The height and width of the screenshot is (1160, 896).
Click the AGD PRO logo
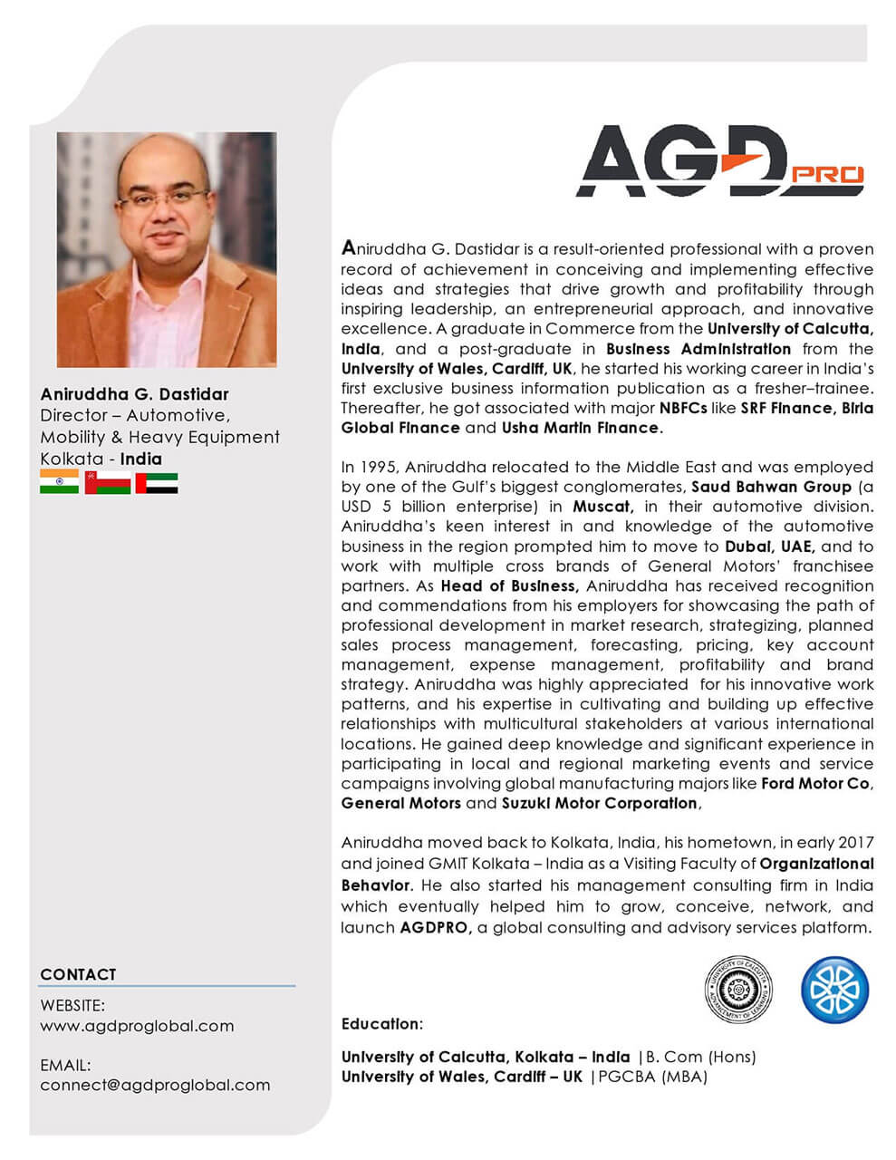pos(719,161)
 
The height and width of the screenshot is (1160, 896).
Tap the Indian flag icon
pos(59,482)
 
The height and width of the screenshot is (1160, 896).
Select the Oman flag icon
pos(107,482)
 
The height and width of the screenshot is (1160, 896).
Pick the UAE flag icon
pos(156,482)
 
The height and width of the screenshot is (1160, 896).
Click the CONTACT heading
pos(78,974)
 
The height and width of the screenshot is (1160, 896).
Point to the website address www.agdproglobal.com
pos(137,1026)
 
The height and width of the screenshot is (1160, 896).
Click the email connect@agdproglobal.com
pos(155,1085)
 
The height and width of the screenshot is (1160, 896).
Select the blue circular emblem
pos(834,988)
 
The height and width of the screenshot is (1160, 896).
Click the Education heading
pos(381,1024)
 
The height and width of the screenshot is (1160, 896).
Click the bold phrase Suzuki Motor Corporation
pos(601,803)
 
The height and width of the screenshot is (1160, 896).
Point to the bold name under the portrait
pos(134,394)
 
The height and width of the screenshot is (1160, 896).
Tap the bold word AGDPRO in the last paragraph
pos(435,927)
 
